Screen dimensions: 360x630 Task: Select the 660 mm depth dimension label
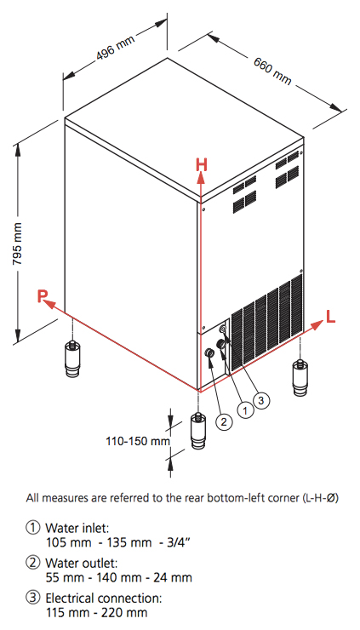point(272,71)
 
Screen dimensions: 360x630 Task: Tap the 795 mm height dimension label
point(18,243)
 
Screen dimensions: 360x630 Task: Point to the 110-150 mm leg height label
point(138,442)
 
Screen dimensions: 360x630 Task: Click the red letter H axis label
point(202,165)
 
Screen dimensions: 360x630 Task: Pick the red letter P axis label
point(43,296)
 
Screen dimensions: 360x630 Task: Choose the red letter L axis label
point(330,318)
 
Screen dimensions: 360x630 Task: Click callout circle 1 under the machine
point(245,409)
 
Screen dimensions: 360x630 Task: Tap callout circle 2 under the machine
point(224,421)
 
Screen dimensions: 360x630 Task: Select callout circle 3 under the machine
point(261,400)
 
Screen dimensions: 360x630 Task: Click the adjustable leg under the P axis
point(72,358)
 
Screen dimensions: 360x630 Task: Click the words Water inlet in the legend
point(77,527)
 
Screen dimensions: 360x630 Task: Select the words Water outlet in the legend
point(81,562)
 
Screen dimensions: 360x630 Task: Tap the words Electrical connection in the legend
point(104,598)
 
